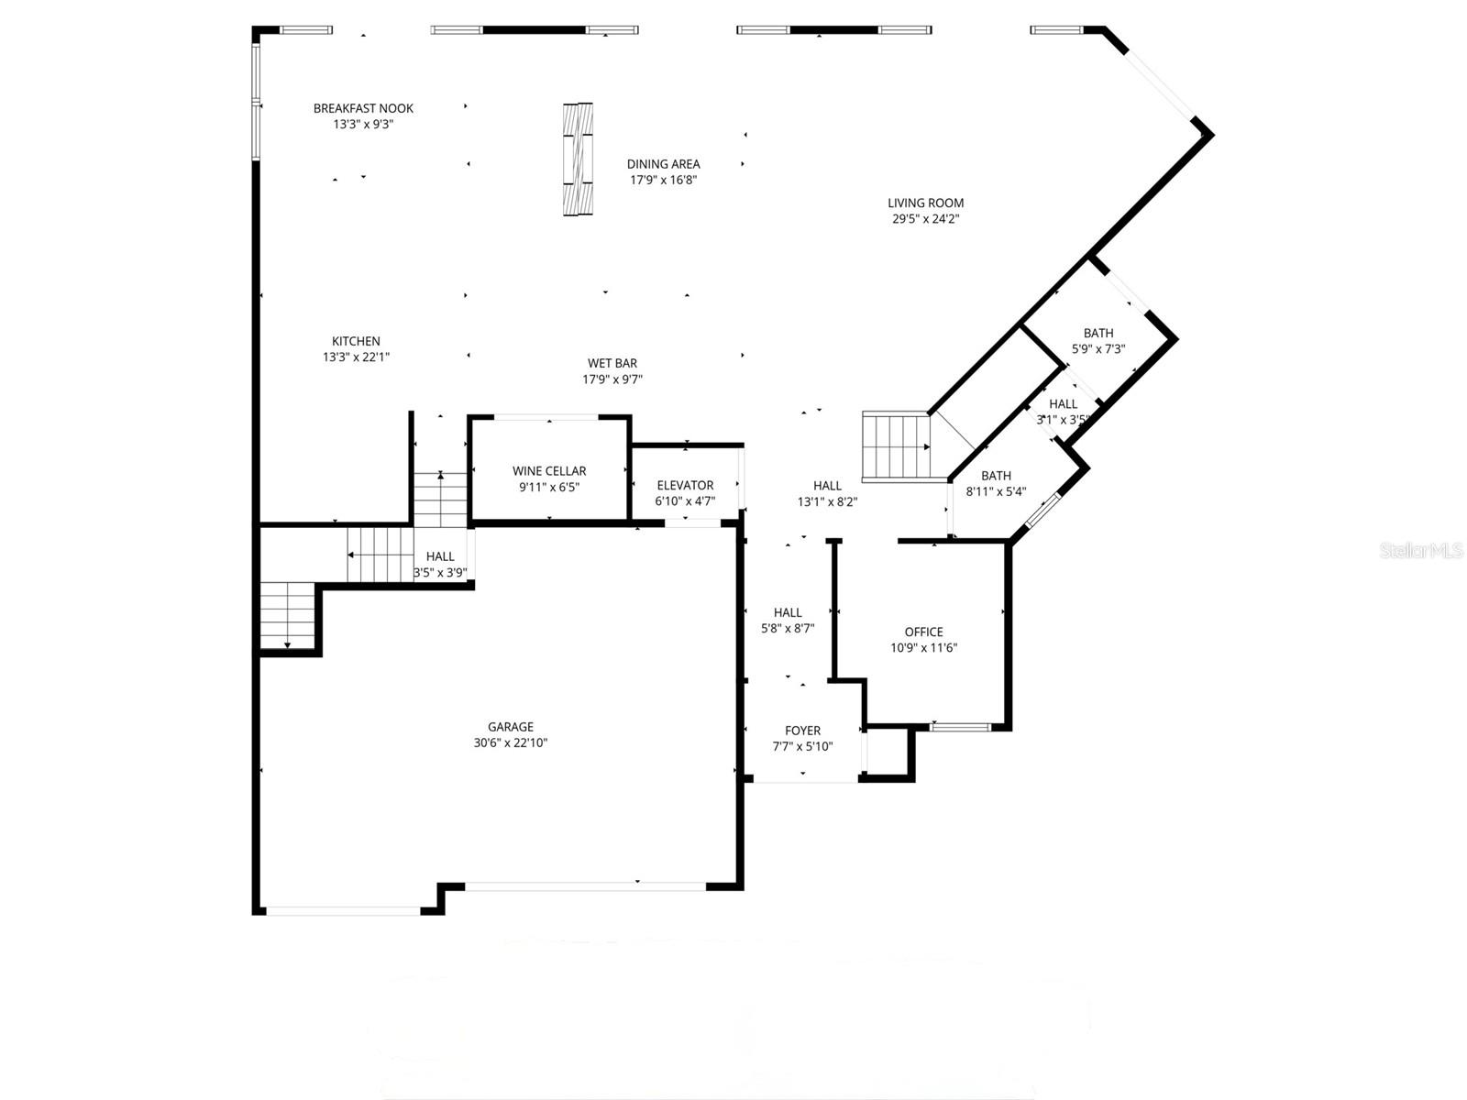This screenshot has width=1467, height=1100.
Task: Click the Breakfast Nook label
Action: coord(363,108)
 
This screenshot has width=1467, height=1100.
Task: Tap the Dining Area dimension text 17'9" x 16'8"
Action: coord(663,181)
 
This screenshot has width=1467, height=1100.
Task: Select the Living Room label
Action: coord(925,203)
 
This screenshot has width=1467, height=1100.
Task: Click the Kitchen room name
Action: coord(356,342)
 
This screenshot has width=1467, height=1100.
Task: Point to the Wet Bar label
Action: coord(612,364)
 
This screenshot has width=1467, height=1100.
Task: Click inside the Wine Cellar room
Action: coord(548,478)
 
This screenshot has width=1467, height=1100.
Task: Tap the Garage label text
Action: coord(510,728)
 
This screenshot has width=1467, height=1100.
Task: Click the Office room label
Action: coord(923,632)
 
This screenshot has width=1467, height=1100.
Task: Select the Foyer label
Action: coord(802,731)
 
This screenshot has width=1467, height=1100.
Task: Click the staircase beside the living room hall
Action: coord(896,446)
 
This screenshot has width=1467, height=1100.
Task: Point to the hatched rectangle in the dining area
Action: coord(578,159)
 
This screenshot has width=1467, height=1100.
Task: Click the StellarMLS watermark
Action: coord(1420,550)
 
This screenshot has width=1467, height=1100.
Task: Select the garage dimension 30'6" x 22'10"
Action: coord(510,743)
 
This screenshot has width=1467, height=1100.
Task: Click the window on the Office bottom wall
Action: coord(961,727)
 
